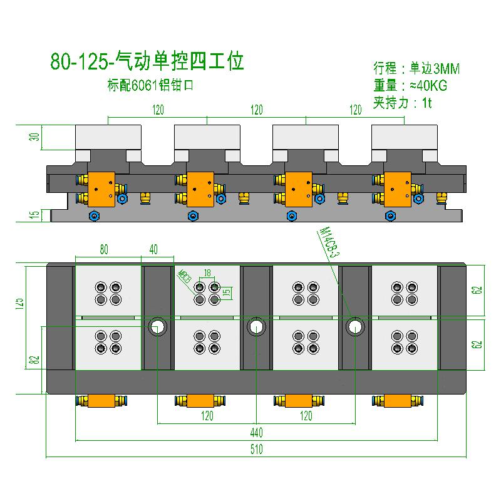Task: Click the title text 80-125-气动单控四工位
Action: click(x=146, y=62)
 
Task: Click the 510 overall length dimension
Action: click(x=257, y=449)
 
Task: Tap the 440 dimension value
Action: click(x=257, y=433)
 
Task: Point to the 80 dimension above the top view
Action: click(x=104, y=249)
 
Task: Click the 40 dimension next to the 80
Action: click(x=153, y=249)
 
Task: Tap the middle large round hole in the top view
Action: click(x=256, y=326)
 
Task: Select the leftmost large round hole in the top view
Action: click(x=157, y=326)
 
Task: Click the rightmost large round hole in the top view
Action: click(x=355, y=326)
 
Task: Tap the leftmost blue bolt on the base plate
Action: click(x=95, y=216)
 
